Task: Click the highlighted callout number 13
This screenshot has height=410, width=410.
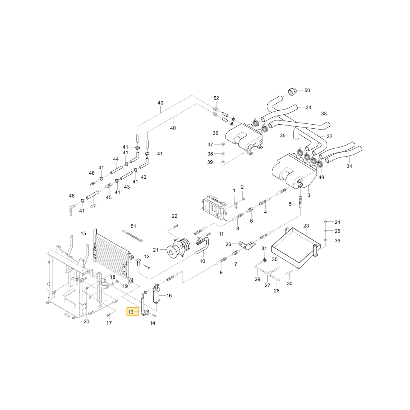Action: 131,312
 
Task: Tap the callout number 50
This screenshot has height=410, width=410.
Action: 307,91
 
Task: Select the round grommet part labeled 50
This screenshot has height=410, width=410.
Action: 292,92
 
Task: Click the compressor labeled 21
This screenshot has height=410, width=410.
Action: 179,248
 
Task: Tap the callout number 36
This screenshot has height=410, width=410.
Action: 216,133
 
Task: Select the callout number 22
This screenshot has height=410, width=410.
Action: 174,216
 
